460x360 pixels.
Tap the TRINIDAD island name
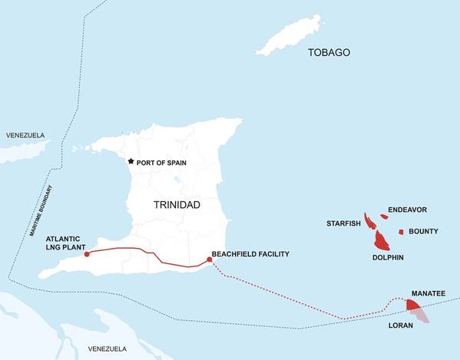[177, 206]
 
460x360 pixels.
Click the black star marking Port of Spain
[131, 161]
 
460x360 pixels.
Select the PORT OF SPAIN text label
[162, 162]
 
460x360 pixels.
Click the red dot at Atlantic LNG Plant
[86, 253]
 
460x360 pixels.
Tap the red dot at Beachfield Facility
[210, 259]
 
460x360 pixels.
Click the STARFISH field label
[343, 223]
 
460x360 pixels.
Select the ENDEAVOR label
[407, 210]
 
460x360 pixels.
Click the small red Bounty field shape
[401, 232]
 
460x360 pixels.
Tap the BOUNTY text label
[423, 231]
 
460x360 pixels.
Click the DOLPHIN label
[389, 258]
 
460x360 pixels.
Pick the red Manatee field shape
[412, 305]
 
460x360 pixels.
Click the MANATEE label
[427, 294]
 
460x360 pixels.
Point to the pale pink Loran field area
[422, 315]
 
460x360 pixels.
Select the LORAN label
[401, 325]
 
